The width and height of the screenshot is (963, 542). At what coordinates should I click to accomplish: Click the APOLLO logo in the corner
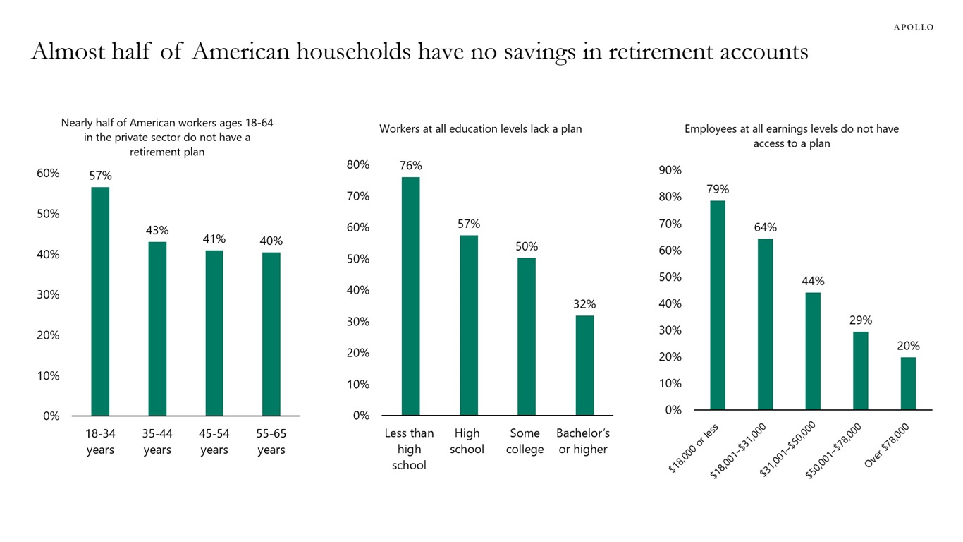[x=913, y=28]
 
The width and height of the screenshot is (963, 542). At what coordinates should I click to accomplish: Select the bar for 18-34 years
[x=100, y=301]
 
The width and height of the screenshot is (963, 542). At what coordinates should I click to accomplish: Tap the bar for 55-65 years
[x=271, y=334]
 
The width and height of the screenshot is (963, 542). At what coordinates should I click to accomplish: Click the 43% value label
[x=157, y=230]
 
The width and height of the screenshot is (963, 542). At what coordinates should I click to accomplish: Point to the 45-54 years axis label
[x=214, y=441]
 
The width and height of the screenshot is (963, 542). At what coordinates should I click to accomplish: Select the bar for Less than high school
[x=410, y=296]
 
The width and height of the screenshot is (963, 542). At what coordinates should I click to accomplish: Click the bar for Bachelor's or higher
[x=584, y=365]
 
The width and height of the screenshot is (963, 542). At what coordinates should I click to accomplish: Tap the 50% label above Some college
[x=526, y=246]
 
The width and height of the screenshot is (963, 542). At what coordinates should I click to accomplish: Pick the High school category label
[x=467, y=441]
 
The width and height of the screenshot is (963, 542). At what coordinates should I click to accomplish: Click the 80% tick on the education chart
[x=358, y=164]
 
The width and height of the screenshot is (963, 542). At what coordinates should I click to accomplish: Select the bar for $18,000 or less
[x=718, y=305]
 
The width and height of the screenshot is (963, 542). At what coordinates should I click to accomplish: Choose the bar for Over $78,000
[x=908, y=383]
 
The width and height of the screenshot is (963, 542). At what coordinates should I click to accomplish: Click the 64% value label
[x=765, y=227]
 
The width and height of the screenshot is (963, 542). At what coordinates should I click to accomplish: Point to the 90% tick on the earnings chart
[x=670, y=170]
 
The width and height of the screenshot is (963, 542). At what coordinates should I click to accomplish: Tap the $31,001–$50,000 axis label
[x=788, y=449]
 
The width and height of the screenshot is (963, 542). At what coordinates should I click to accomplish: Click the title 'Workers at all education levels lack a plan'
[x=480, y=129]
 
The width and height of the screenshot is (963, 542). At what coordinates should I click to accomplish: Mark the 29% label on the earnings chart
[x=860, y=320]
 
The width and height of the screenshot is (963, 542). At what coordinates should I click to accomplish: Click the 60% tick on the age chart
[x=48, y=174]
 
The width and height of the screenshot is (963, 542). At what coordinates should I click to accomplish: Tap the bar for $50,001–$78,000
[x=860, y=371]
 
